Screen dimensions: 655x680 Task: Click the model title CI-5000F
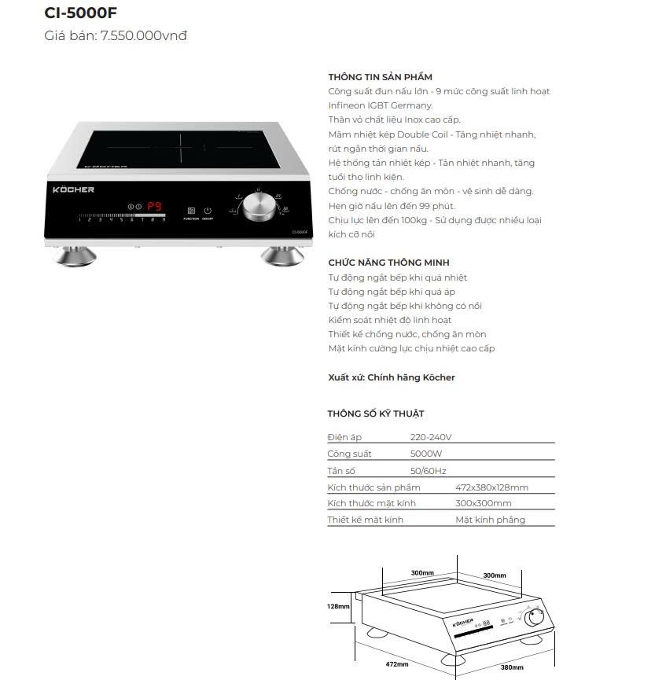[x=81, y=13]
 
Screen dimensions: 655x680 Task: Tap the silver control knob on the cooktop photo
[x=259, y=206]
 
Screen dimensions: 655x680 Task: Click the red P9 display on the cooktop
[x=154, y=207]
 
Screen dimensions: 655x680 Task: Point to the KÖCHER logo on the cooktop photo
[x=73, y=189]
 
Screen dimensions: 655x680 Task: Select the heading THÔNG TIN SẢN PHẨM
[x=380, y=77]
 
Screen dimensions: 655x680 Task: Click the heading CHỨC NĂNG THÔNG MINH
[x=388, y=263]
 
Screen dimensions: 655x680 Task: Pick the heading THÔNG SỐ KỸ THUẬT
[x=376, y=414]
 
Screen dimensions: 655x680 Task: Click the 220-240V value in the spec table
[x=431, y=437]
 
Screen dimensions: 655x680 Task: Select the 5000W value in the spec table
[x=425, y=454]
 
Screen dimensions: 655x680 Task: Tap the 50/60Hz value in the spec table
[x=428, y=471]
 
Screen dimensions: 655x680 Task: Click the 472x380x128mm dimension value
[x=491, y=487]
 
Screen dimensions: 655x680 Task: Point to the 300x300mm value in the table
[x=483, y=503]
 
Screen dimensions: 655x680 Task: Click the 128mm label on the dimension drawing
[x=339, y=606]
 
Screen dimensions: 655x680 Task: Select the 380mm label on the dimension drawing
[x=512, y=667]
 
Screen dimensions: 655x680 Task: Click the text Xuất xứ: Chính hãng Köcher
[x=391, y=377]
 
